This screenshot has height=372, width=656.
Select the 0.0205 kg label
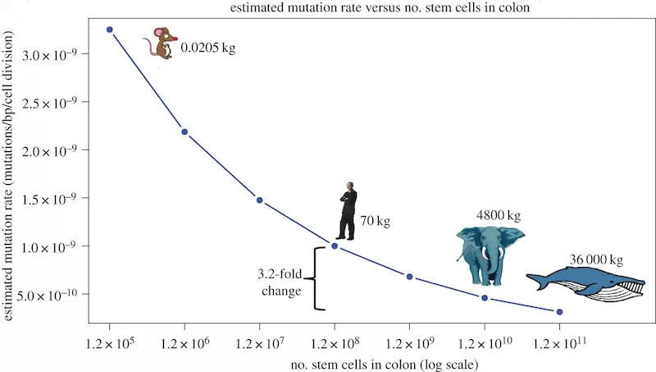[x=207, y=48]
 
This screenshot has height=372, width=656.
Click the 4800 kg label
[x=498, y=216]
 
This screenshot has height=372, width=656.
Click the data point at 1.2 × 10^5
[x=109, y=30]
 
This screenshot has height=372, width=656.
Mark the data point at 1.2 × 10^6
[x=184, y=131]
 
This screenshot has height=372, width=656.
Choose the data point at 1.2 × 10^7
[x=259, y=200]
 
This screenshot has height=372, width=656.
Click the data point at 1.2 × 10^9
[x=409, y=277]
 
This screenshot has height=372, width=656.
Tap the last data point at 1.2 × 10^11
[x=559, y=312]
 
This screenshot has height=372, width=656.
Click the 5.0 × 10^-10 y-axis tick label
[x=53, y=295]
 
